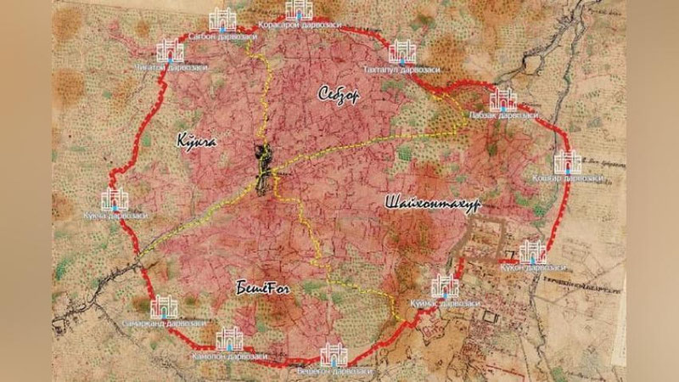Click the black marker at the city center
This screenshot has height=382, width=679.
267,166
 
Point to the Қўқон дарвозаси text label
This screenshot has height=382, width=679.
534,269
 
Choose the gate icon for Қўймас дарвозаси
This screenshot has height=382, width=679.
445,287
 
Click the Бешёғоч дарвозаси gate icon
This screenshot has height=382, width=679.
334,355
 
